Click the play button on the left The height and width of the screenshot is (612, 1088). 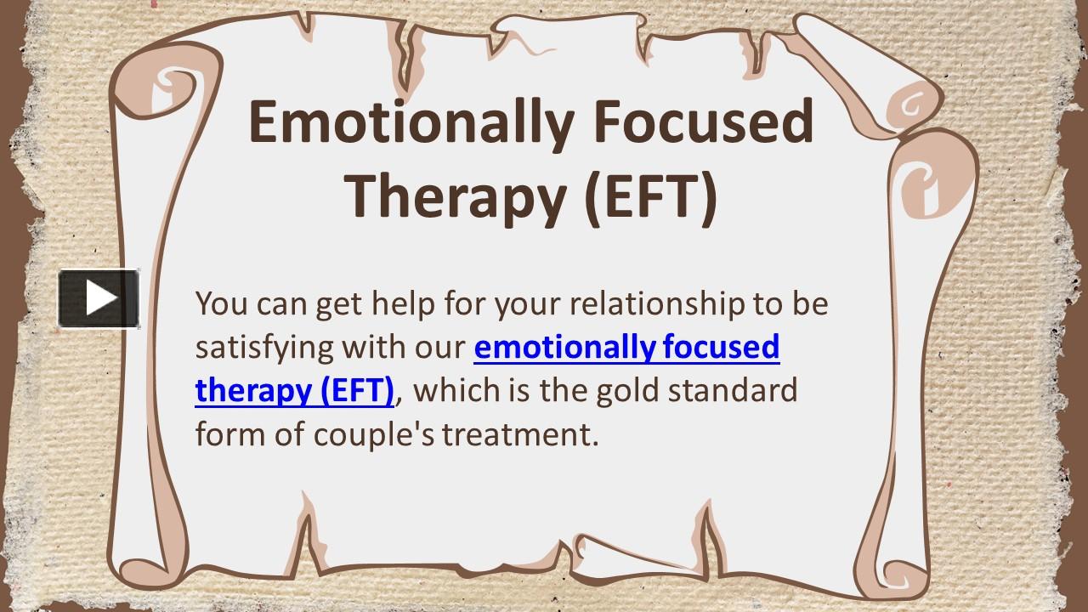click(x=99, y=298)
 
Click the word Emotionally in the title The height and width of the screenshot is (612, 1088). click(x=411, y=122)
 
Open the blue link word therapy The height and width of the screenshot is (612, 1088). click(x=252, y=390)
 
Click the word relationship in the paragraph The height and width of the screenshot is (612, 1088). click(x=657, y=303)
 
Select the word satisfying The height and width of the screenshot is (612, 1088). click(x=264, y=348)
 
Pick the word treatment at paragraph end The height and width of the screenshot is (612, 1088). click(x=520, y=434)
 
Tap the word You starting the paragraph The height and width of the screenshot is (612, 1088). click(x=222, y=303)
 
